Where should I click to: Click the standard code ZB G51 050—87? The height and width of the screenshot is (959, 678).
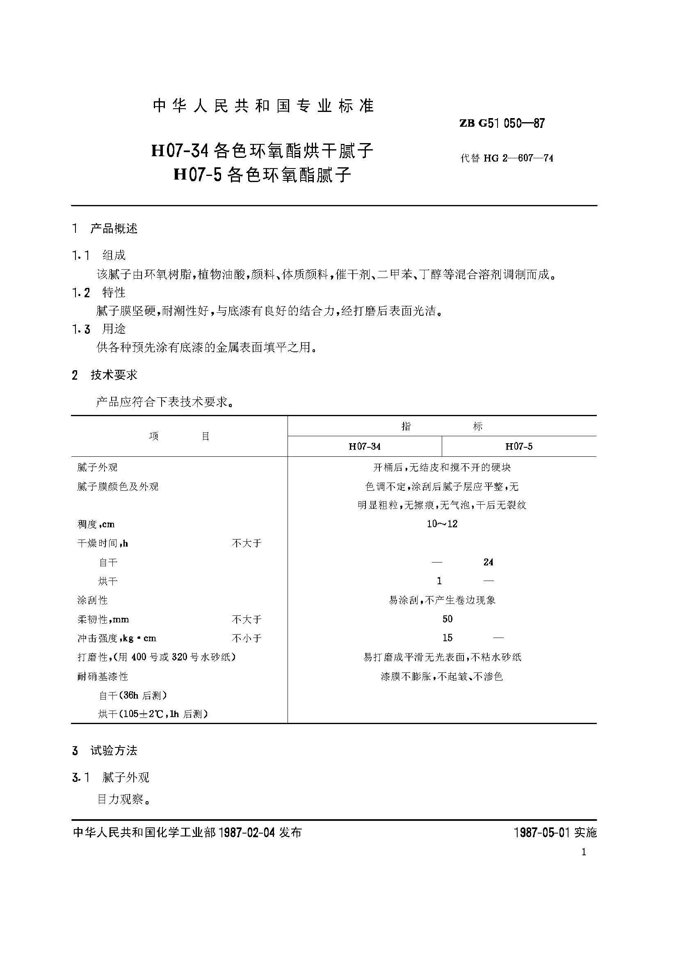pyautogui.click(x=502, y=123)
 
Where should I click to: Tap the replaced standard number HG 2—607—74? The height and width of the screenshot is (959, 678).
pyautogui.click(x=518, y=158)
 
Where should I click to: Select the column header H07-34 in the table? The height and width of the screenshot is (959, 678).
pyautogui.click(x=364, y=446)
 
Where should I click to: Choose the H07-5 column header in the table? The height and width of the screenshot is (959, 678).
pyautogui.click(x=519, y=446)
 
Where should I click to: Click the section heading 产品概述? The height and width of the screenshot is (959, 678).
pyautogui.click(x=114, y=228)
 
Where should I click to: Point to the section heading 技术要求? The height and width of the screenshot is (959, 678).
pyautogui.click(x=114, y=375)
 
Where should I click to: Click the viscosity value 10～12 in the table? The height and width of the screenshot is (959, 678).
pyautogui.click(x=442, y=524)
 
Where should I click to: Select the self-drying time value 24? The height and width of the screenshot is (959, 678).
pyautogui.click(x=489, y=562)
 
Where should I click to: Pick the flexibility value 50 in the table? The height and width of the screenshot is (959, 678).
pyautogui.click(x=447, y=619)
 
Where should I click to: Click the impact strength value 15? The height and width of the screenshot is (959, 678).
pyautogui.click(x=447, y=638)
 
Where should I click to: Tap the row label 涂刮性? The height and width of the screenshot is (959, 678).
pyautogui.click(x=92, y=600)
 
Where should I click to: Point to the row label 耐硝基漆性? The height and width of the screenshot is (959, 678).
pyautogui.click(x=103, y=676)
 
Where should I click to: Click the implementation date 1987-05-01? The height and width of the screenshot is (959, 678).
pyautogui.click(x=542, y=832)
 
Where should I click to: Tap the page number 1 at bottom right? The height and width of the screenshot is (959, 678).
pyautogui.click(x=584, y=852)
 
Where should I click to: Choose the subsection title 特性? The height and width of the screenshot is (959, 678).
pyautogui.click(x=114, y=292)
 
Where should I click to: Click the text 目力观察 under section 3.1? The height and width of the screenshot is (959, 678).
pyautogui.click(x=120, y=799)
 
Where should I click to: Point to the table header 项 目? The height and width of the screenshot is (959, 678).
pyautogui.click(x=179, y=437)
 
